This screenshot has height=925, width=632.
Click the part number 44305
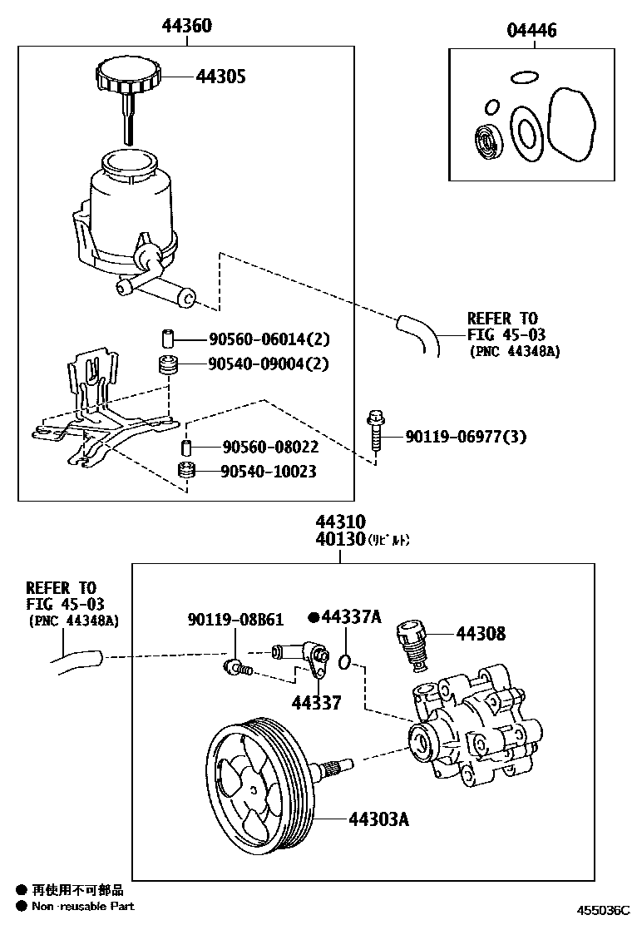pos(221,77)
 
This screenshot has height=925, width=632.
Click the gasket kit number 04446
pos(532,31)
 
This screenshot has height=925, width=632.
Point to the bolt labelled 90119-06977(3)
pos(373,432)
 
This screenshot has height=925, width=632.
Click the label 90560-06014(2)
pos(270,339)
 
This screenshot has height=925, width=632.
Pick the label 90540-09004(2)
pos(270,364)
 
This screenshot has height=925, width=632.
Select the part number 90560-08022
pos(259,448)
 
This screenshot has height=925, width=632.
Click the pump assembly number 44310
pos(339,522)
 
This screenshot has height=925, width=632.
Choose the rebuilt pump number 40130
pos(339,540)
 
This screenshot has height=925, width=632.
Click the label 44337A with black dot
pos(349,617)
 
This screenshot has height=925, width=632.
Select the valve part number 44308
pos(480,634)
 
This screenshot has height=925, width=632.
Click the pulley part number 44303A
pos(378,819)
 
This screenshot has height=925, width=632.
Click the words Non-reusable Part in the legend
pos(82,906)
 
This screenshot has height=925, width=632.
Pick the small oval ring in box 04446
pos(522,78)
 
